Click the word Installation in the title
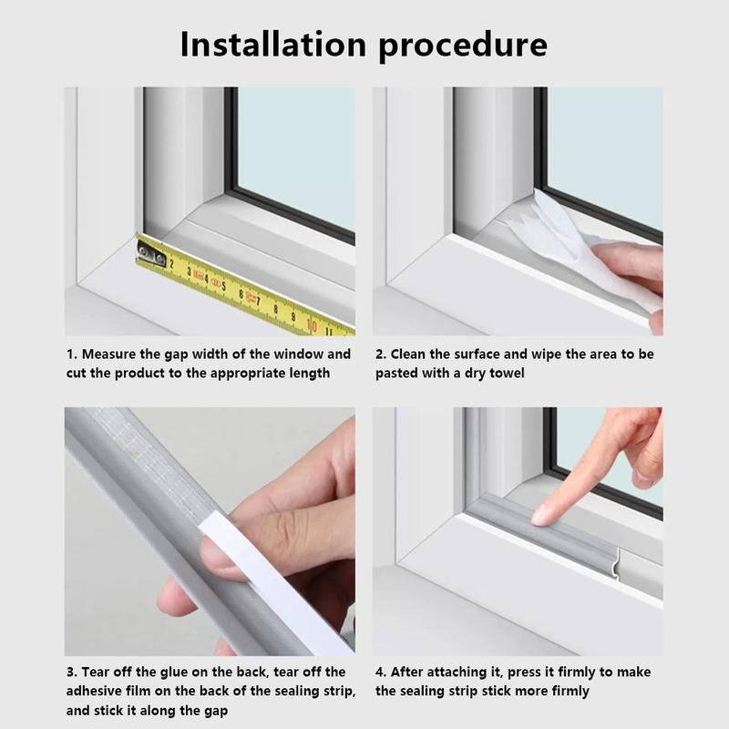272,44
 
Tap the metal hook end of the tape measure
151,253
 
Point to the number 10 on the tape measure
312,325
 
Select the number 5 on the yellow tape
223,285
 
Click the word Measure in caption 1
108,354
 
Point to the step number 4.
380,673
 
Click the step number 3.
71,673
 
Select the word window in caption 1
298,354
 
